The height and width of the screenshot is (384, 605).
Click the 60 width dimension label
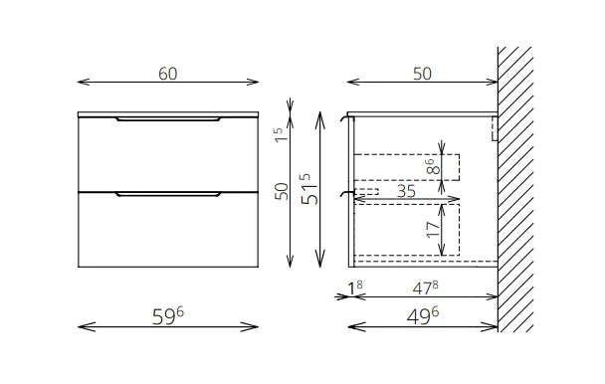(x=168, y=74)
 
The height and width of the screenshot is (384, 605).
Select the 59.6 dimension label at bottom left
(x=168, y=316)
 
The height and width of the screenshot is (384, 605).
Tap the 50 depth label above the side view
(x=422, y=74)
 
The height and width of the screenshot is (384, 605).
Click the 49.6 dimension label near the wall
(x=423, y=316)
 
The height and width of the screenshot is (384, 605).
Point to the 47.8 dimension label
(x=425, y=288)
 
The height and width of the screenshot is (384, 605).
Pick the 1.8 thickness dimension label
(x=355, y=288)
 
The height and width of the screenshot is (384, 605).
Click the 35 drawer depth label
(x=406, y=191)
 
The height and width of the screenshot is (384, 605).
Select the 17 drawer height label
(x=433, y=229)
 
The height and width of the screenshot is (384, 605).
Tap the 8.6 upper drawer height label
(x=433, y=167)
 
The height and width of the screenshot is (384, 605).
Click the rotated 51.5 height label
(x=309, y=189)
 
